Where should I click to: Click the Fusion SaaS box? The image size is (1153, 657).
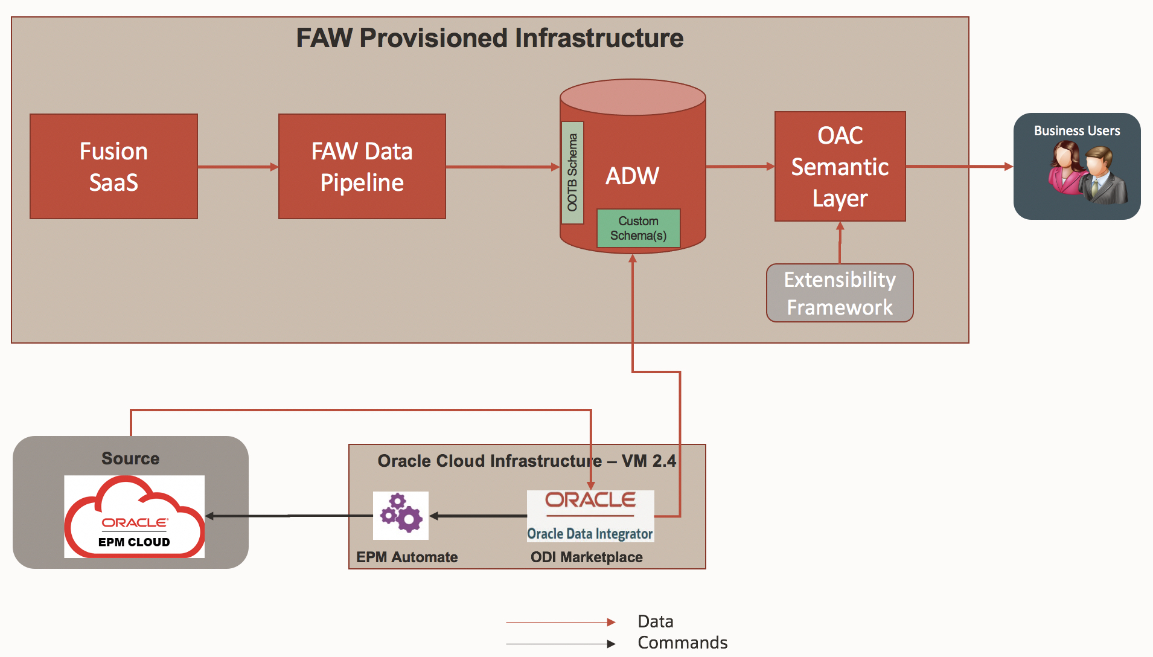[x=113, y=167]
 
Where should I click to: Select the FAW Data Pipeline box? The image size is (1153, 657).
[x=362, y=167]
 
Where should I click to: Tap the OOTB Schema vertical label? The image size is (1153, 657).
[x=572, y=173]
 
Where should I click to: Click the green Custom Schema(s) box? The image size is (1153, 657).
[x=638, y=228]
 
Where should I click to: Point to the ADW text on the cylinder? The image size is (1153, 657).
[x=632, y=176]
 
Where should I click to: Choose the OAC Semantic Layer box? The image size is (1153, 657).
[x=840, y=167]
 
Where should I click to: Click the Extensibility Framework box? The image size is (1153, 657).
[x=840, y=293]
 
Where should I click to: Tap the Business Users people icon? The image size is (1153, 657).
[x=1087, y=173]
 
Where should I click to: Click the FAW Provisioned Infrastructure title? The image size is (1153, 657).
[x=490, y=38]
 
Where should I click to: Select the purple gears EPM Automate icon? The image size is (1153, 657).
[x=401, y=515]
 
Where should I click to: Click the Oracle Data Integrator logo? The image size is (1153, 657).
[x=590, y=516]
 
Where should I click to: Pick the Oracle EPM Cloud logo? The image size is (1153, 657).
[x=134, y=516]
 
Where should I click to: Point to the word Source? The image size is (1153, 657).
[x=130, y=458]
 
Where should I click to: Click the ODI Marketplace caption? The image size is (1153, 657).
[x=586, y=557]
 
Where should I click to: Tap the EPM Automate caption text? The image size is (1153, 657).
[x=407, y=557]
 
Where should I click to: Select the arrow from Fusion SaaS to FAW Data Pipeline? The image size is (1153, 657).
[x=238, y=167]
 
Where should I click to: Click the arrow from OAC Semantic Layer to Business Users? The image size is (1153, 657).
[x=959, y=166]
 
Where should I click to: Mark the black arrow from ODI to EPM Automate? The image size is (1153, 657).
[x=477, y=516]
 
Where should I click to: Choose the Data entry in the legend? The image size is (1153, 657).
[x=655, y=621]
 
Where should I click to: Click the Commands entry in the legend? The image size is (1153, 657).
[x=682, y=643]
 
